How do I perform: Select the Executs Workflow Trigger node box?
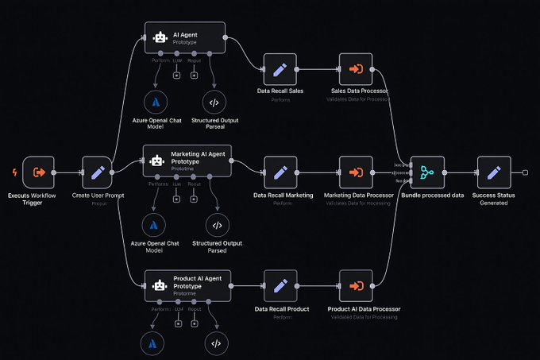[x=37, y=172]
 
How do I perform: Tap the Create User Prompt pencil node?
[x=98, y=172]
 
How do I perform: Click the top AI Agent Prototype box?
[x=185, y=37]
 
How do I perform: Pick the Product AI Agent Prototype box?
[x=187, y=284]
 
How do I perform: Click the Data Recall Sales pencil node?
[x=279, y=69]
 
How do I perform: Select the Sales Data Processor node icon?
[x=356, y=69]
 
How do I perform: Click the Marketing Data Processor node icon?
[x=356, y=172]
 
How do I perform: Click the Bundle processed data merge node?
[x=427, y=172]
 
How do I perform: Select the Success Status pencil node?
[x=493, y=172]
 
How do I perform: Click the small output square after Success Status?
[x=525, y=172]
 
